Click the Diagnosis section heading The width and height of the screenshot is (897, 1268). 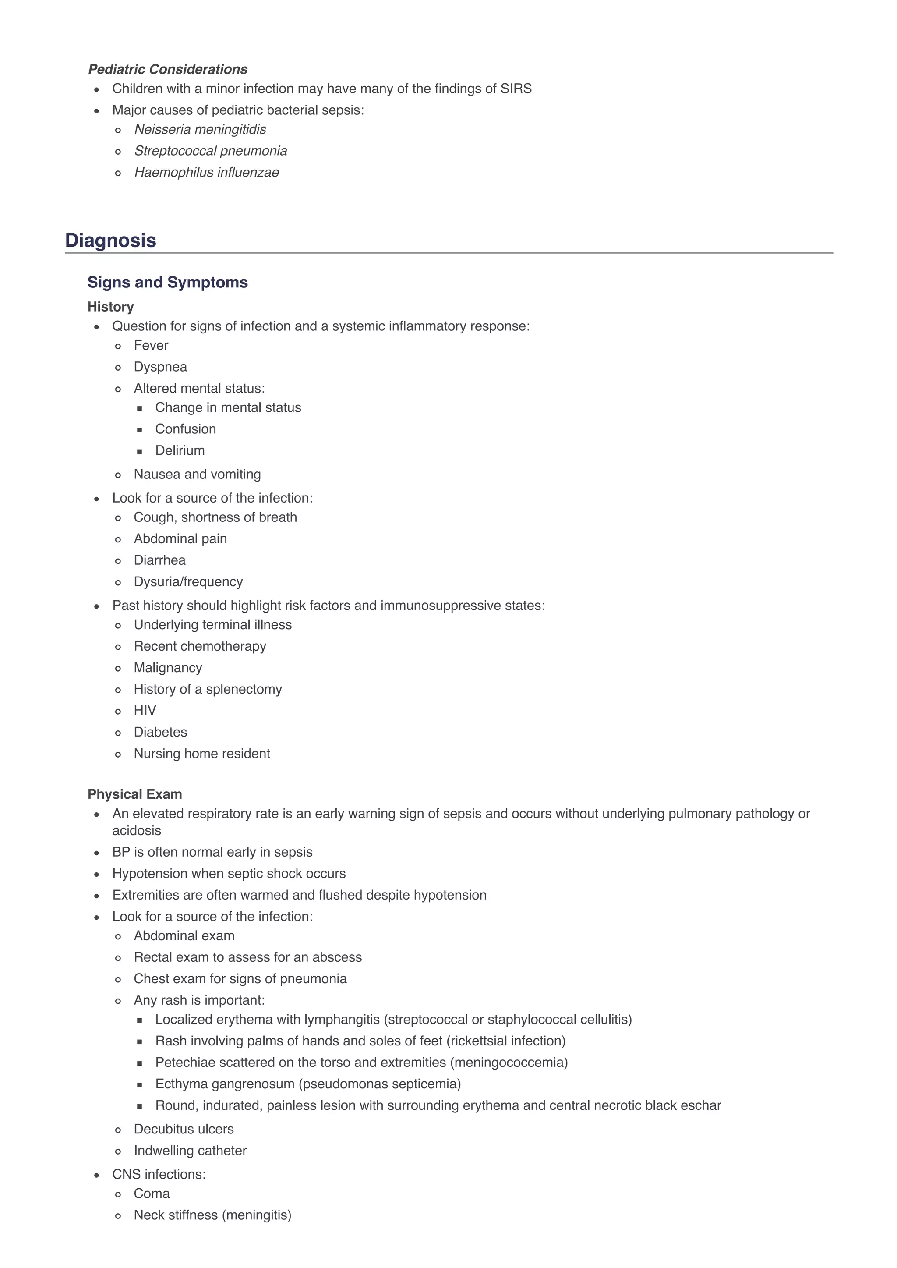[x=110, y=241]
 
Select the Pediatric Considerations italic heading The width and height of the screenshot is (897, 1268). [x=167, y=69]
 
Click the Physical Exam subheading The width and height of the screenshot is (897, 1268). [x=135, y=794]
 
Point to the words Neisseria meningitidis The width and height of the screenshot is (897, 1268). [x=200, y=129]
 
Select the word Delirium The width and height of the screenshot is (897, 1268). [x=180, y=450]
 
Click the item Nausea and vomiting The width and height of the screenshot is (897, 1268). [x=197, y=474]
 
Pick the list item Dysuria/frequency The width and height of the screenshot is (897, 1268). [x=188, y=582]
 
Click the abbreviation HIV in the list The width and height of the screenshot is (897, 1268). [x=145, y=711]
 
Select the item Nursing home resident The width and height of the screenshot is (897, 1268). [x=201, y=754]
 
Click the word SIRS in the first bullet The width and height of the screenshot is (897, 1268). [x=516, y=89]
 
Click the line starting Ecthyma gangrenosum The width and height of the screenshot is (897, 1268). [x=307, y=1084]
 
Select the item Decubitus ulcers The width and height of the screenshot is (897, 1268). [x=184, y=1129]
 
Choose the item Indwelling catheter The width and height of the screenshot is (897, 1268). [x=190, y=1151]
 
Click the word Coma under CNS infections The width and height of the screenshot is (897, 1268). [x=152, y=1194]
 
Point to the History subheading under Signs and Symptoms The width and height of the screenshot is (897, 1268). [x=110, y=307]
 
